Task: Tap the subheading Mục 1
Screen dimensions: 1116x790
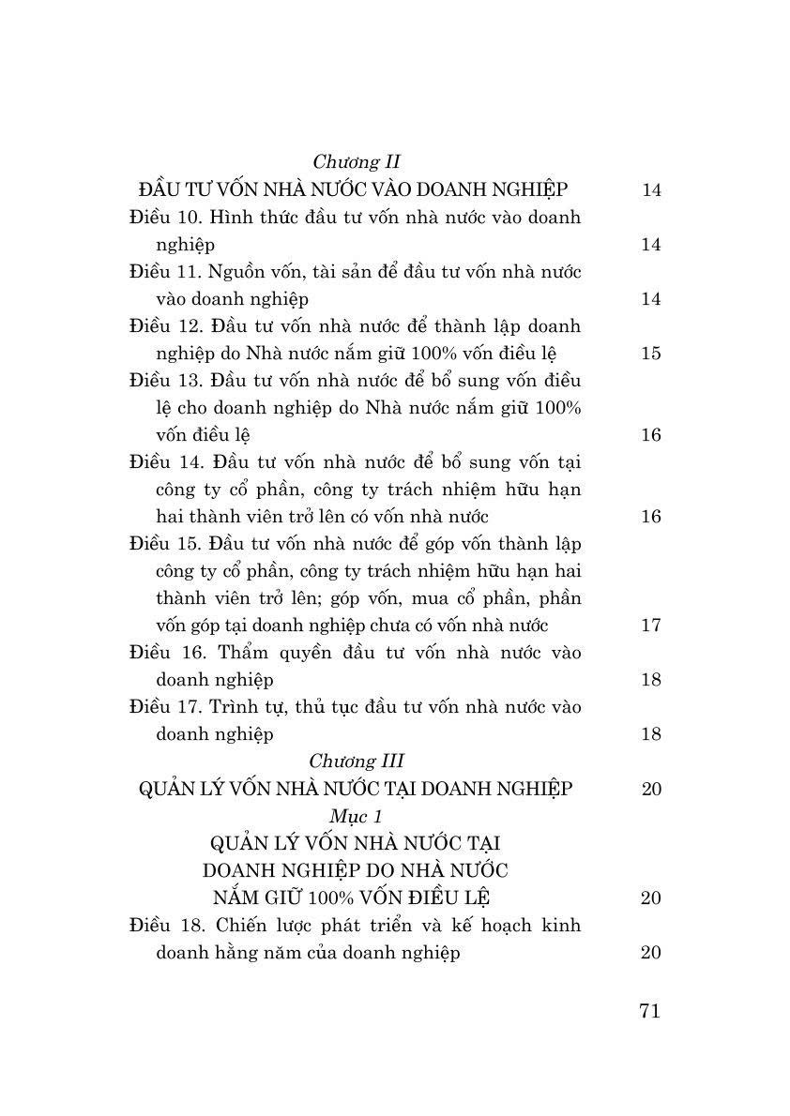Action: click(357, 815)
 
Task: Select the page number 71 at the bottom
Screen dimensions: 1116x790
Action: click(649, 1010)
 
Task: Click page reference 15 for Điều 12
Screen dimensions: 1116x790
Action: click(651, 354)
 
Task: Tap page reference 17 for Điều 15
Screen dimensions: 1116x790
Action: click(651, 626)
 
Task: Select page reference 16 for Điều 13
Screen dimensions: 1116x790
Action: click(651, 435)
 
